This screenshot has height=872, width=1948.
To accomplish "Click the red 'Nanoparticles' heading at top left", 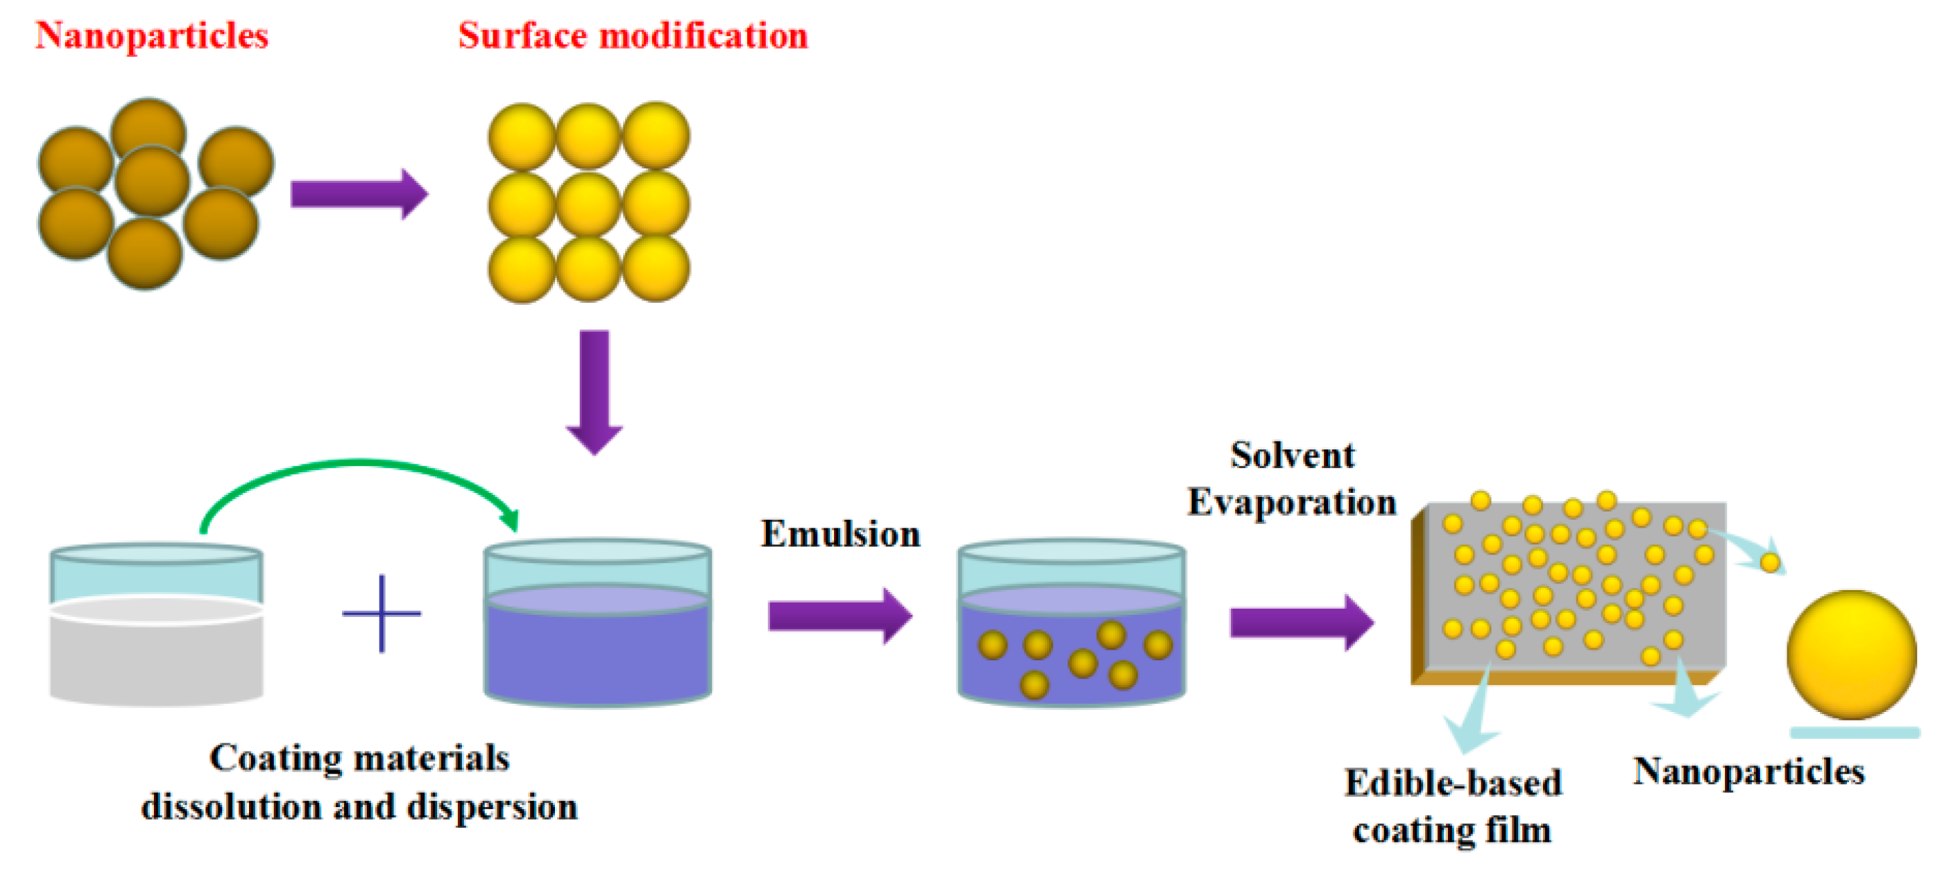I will (x=151, y=35).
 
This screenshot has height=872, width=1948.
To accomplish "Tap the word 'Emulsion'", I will (x=839, y=534).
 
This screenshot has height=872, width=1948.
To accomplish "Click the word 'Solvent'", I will (x=1291, y=455).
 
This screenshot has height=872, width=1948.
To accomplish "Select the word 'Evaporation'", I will (x=1291, y=502).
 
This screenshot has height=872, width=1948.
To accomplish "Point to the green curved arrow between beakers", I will (x=355, y=465).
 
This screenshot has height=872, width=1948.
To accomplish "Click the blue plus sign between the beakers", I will (x=381, y=613).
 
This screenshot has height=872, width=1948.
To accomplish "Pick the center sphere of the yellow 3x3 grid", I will (x=588, y=203).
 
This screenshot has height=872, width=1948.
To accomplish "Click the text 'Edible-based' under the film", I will (x=1452, y=783).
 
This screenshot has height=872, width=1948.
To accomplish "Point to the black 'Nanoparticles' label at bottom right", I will (x=1749, y=772).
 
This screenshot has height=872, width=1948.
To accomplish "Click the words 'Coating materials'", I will (x=359, y=757).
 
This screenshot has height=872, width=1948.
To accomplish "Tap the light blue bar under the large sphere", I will (x=1854, y=732).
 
